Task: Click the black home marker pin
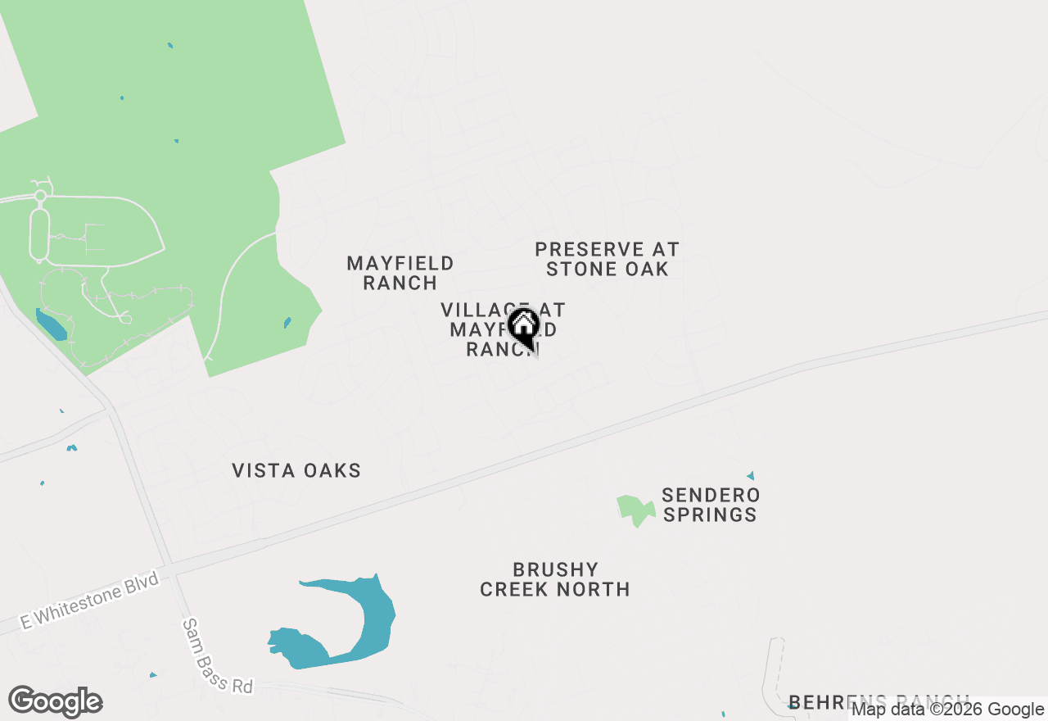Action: (524, 328)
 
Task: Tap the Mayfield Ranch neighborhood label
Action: (400, 273)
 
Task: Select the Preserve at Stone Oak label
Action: (608, 259)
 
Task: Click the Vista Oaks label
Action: (296, 471)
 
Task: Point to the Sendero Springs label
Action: (711, 505)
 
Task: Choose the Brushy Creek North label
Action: (555, 579)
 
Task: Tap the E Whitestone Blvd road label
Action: (88, 600)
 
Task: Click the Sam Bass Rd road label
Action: (217, 656)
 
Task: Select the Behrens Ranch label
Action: (876, 701)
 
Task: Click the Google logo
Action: (56, 702)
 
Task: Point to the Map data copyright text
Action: (947, 710)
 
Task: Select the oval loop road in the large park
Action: (39, 234)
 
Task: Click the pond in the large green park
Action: (51, 324)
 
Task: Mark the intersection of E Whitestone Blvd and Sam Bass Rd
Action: (171, 568)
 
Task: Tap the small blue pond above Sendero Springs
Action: (750, 475)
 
